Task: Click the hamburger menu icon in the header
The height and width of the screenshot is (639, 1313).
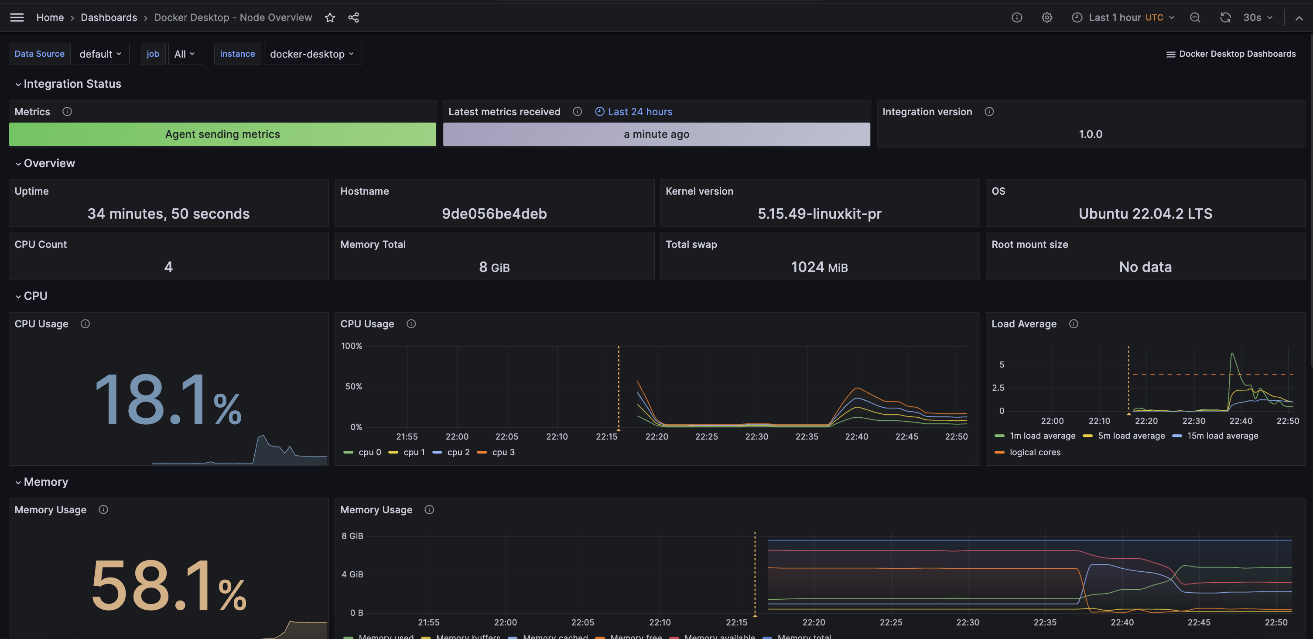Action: (17, 17)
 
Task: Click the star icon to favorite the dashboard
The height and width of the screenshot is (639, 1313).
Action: (330, 17)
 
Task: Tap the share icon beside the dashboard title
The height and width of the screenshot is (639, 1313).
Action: (354, 17)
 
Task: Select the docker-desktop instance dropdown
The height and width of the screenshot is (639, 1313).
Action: (312, 54)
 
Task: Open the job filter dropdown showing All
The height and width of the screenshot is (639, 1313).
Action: (185, 54)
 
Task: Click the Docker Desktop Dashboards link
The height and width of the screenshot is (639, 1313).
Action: (1231, 54)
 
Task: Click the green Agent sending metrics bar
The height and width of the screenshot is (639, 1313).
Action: (222, 134)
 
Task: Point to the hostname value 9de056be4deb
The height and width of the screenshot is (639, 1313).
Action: (494, 214)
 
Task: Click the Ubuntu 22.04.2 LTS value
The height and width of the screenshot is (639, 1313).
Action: (1145, 214)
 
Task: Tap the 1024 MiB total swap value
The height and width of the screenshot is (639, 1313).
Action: (819, 267)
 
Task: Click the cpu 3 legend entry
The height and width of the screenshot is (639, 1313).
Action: (496, 452)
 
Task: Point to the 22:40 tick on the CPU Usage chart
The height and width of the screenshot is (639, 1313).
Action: (856, 436)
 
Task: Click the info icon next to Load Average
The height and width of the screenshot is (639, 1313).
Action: (1074, 324)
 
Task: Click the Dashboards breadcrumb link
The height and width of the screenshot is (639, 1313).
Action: (109, 17)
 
